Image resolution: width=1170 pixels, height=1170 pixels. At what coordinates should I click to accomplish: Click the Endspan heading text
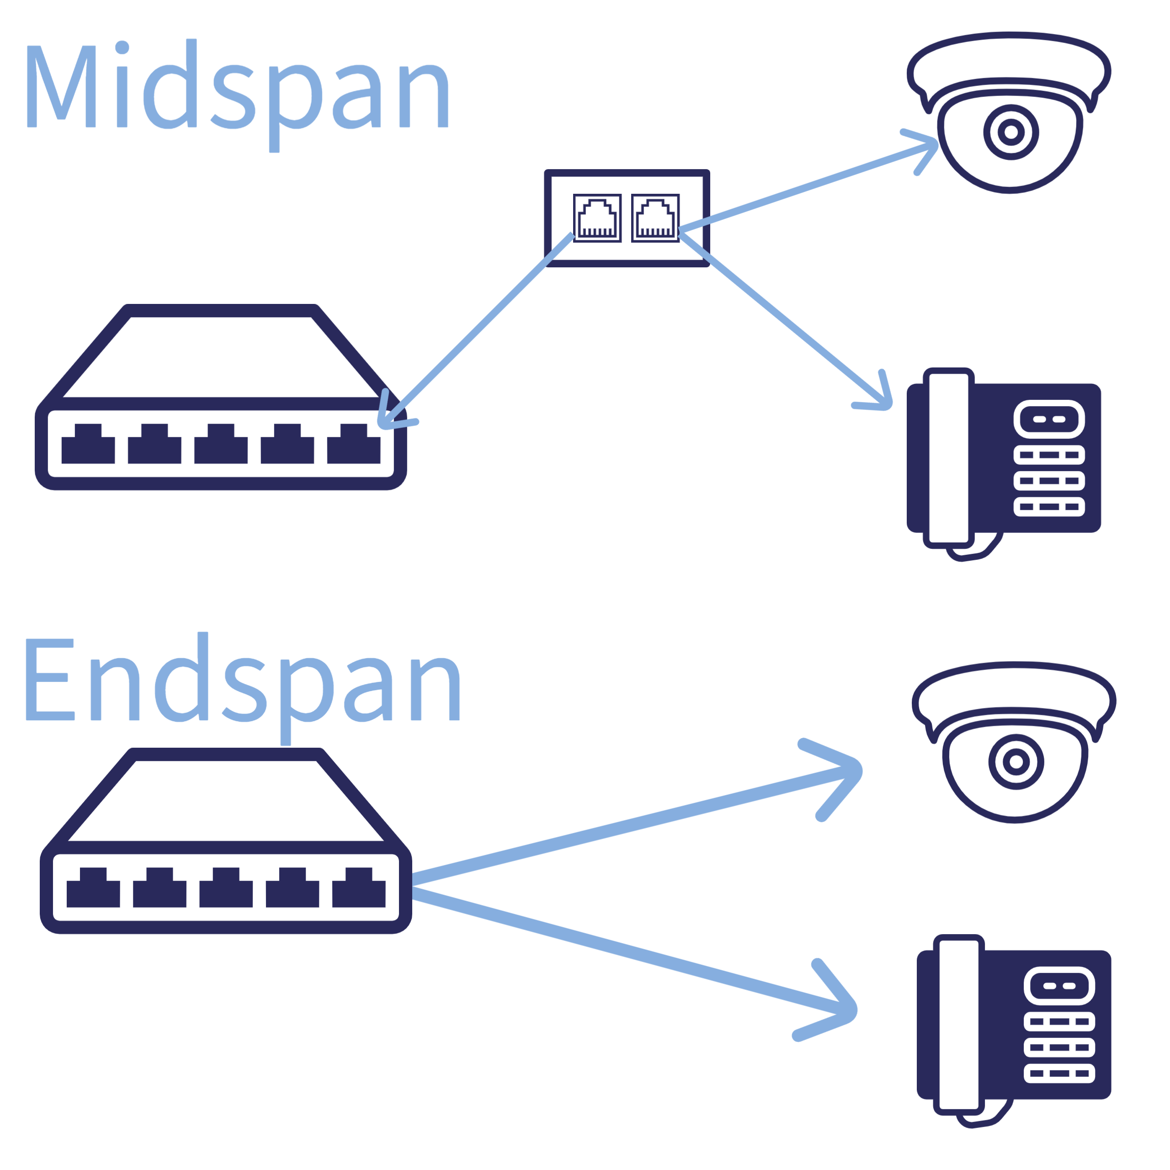[242, 684]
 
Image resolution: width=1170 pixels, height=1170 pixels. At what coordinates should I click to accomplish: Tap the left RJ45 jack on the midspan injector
[597, 218]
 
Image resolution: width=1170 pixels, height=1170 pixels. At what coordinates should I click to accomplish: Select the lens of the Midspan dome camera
[1011, 132]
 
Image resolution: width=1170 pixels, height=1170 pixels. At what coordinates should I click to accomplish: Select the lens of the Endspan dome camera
[1016, 762]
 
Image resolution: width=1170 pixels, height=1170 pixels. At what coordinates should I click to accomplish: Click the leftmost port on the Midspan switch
[88, 444]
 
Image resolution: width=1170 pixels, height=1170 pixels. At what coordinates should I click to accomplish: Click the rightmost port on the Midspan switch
[354, 444]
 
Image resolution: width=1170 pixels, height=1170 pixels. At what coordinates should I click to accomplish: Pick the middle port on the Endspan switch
[226, 888]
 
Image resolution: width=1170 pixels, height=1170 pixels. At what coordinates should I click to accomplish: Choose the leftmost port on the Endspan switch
[93, 888]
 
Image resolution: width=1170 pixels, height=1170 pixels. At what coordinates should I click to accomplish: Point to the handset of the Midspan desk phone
[948, 458]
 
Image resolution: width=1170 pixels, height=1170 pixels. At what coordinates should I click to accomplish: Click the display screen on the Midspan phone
[1049, 419]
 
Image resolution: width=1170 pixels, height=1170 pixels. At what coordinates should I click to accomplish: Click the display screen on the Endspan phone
[1059, 986]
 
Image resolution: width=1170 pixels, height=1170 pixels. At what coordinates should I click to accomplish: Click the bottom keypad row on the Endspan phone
[1059, 1074]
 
